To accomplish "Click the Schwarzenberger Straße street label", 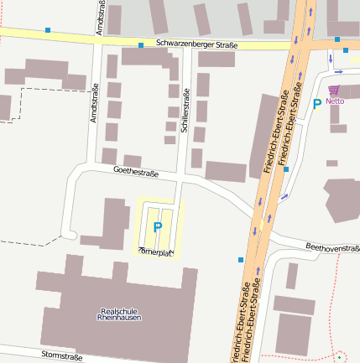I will [196, 44].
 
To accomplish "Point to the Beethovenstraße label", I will [331, 248].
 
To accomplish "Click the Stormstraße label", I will [61, 356].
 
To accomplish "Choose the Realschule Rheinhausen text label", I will [119, 314].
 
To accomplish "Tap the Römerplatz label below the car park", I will [156, 250].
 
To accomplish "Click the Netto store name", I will [336, 101].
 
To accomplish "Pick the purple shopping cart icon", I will [335, 89].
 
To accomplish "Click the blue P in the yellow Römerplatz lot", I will [157, 226].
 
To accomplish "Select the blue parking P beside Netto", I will [316, 104].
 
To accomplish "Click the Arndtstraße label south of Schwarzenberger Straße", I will [95, 103].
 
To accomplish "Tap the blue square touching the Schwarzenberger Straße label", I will [141, 44].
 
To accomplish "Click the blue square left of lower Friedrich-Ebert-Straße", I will [241, 261].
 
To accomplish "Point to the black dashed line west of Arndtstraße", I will [42, 87].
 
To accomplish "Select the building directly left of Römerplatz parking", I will [112, 222].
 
